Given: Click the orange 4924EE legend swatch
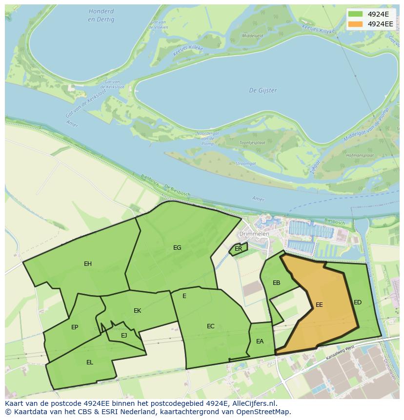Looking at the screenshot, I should pos(355,23).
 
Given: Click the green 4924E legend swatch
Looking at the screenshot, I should pos(355,14).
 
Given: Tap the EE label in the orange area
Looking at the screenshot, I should pos(319,304).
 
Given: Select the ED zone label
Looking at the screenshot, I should pos(358,302).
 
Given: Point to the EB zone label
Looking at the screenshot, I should pos(277,283).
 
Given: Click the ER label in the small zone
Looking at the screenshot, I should pos(239,249).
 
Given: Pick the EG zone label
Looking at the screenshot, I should pos(177,248).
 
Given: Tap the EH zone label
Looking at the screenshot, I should pos(88,264).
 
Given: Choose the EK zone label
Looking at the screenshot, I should pos(138,311).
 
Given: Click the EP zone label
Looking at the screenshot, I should pos(75,327).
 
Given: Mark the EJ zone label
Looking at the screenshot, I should pos(124,335).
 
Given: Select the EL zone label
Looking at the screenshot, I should pos(90,362).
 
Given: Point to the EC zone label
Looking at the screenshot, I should pos(211,326).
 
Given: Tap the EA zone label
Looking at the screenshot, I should pos(260,341).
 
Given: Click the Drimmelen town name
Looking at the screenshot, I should pos(259,234).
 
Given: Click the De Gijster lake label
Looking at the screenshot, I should pos(263,90).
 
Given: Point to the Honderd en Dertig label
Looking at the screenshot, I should pos(101,15).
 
